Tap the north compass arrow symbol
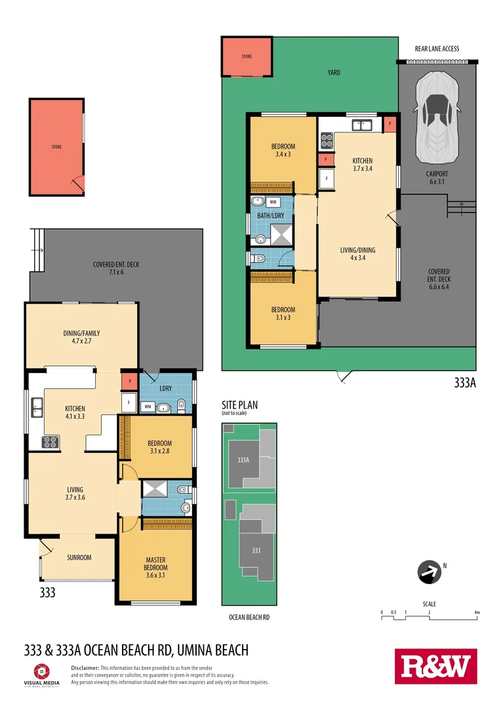(429, 572)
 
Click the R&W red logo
(435, 667)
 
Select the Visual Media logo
(41, 674)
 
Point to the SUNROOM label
(79, 557)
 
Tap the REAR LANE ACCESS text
(437, 49)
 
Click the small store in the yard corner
(247, 57)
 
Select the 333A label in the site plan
(243, 460)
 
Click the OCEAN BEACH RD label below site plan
(249, 618)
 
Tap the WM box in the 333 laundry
(148, 407)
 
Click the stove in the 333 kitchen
(50, 442)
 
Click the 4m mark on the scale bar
(477, 613)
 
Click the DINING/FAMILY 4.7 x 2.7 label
(82, 337)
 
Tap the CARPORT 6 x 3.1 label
(437, 178)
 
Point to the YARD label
(334, 73)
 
